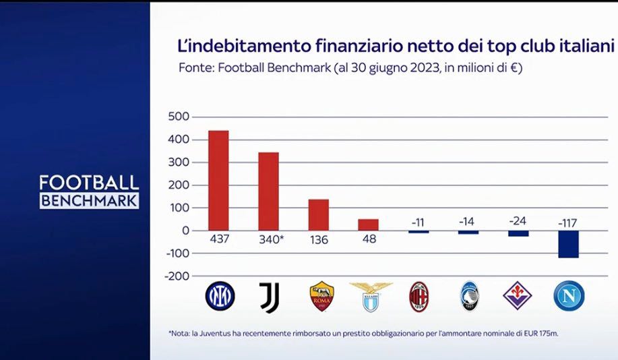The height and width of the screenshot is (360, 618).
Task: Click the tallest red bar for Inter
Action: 218,180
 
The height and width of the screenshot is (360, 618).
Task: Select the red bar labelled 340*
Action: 268,191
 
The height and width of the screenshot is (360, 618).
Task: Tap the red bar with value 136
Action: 318,214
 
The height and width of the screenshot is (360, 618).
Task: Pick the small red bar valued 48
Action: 368,224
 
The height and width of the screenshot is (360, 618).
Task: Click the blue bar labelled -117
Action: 568,244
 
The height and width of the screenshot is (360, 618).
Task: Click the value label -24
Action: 518,221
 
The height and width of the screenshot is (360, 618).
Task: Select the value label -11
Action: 418,221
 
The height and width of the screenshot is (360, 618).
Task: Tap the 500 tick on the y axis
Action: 179,117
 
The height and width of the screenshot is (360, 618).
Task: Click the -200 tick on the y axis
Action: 177,276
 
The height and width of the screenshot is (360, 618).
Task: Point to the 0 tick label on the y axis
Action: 186,231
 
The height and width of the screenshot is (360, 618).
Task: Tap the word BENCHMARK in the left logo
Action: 89,200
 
